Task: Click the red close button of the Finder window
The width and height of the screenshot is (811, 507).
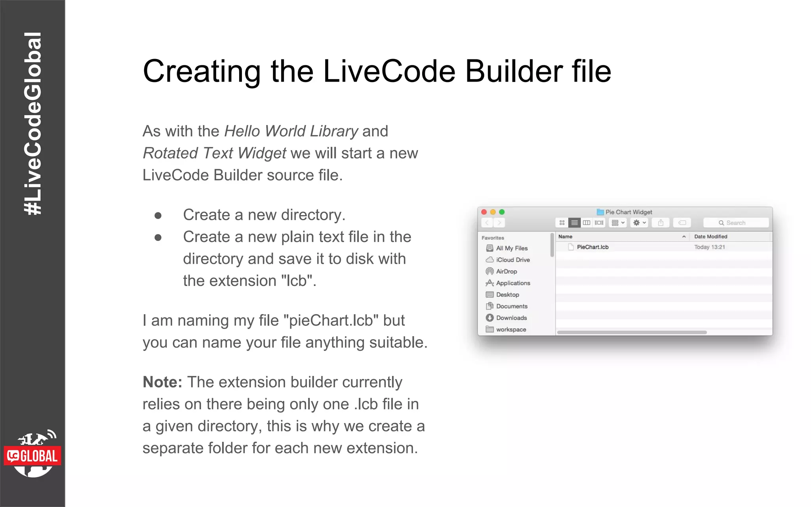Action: (484, 212)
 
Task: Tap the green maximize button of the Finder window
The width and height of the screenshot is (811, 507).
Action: (502, 212)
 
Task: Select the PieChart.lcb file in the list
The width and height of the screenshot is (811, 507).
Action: (592, 247)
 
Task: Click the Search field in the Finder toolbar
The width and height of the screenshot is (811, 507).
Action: (736, 223)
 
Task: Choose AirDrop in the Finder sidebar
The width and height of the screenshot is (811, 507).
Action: (506, 272)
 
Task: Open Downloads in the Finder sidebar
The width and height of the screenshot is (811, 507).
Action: (511, 318)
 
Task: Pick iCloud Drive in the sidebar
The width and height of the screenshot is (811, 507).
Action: (512, 260)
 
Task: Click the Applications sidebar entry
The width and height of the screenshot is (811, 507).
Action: (513, 283)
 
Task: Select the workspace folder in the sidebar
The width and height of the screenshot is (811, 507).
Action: (511, 330)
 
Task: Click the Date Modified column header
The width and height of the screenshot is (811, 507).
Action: (710, 237)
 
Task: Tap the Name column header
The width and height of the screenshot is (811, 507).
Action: (565, 237)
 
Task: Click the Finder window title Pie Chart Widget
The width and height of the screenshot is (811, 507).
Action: (628, 212)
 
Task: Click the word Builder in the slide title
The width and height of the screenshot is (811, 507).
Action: (513, 71)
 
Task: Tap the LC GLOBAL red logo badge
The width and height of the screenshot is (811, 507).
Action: (32, 456)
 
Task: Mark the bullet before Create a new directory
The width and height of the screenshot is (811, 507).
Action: (158, 215)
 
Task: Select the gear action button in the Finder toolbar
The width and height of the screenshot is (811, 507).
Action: (638, 223)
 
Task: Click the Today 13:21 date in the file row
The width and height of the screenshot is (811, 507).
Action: (709, 247)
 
